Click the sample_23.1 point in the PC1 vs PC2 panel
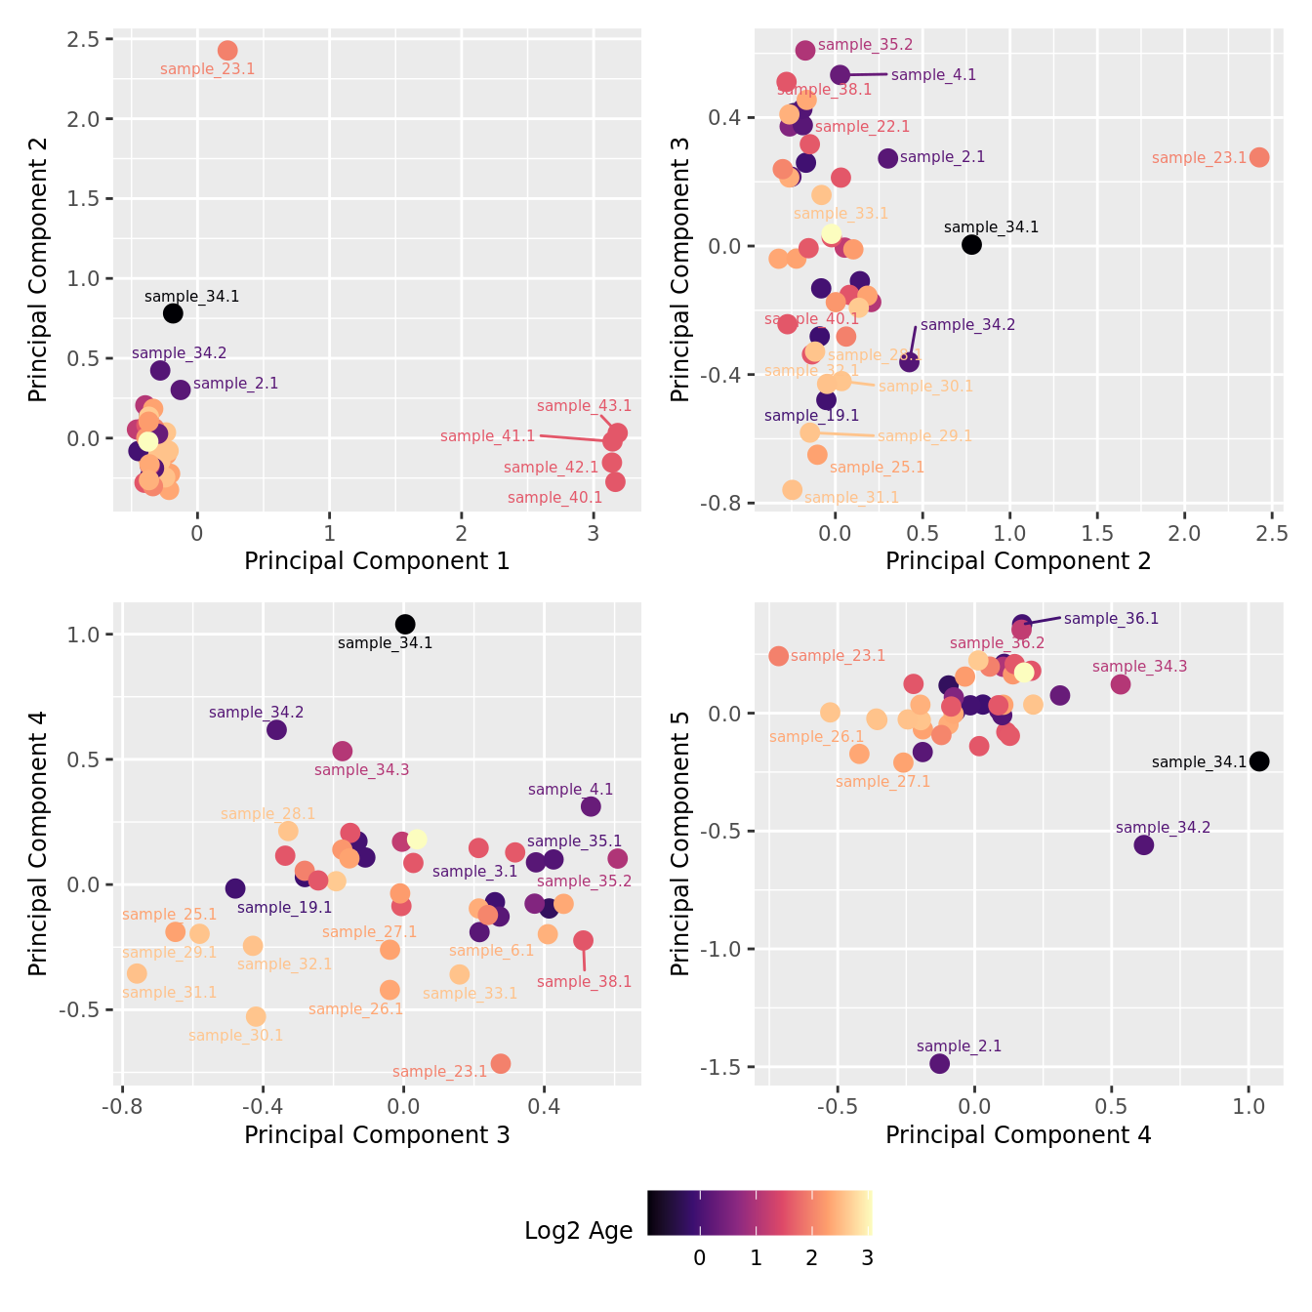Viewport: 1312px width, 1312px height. (227, 51)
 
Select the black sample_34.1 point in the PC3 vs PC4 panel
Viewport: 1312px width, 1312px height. (405, 624)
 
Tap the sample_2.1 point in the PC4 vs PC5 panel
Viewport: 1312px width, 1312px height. (940, 1063)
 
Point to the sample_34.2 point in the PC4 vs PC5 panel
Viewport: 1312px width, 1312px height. (1144, 844)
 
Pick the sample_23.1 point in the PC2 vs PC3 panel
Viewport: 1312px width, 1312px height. (1259, 157)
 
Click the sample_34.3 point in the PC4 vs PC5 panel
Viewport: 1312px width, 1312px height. (1121, 683)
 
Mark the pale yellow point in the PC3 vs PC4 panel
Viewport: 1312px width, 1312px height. (417, 839)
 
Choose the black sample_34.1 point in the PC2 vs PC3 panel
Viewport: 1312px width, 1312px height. (971, 244)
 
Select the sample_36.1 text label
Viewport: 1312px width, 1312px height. (1111, 619)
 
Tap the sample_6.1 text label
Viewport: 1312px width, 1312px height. (491, 951)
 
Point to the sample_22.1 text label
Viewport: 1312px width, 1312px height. (862, 127)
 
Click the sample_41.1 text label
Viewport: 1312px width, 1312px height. (487, 436)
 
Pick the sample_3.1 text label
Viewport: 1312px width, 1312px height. (474, 872)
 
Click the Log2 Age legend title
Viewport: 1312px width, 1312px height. (578, 1231)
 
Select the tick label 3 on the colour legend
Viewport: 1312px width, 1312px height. (867, 1258)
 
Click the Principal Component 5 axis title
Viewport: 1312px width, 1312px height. (680, 843)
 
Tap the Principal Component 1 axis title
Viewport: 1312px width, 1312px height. (377, 561)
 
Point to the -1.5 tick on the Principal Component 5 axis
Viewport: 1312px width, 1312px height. (720, 1067)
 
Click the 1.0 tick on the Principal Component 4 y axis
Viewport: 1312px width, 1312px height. (81, 635)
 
